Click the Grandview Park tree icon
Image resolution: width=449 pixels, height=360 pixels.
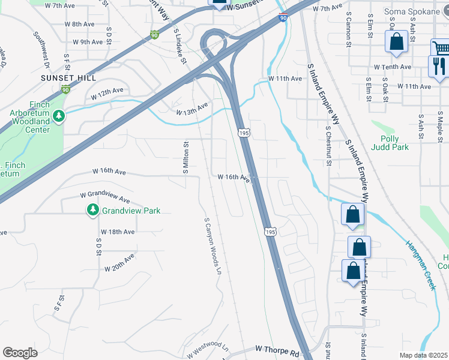[92, 210]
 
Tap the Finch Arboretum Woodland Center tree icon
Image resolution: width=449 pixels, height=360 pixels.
[58, 116]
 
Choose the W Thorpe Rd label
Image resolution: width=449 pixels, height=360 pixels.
[277, 349]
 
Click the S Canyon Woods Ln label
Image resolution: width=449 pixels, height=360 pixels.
[212, 246]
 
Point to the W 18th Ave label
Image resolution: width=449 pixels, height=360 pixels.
[118, 232]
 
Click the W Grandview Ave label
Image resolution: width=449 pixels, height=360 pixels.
[106, 196]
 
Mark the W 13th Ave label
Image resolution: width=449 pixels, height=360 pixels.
[192, 109]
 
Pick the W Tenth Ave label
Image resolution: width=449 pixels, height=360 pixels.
[392, 67]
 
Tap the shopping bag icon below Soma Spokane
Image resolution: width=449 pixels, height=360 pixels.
[397, 42]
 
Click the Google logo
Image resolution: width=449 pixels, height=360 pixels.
[20, 353]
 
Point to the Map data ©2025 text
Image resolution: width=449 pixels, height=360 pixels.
[423, 355]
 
